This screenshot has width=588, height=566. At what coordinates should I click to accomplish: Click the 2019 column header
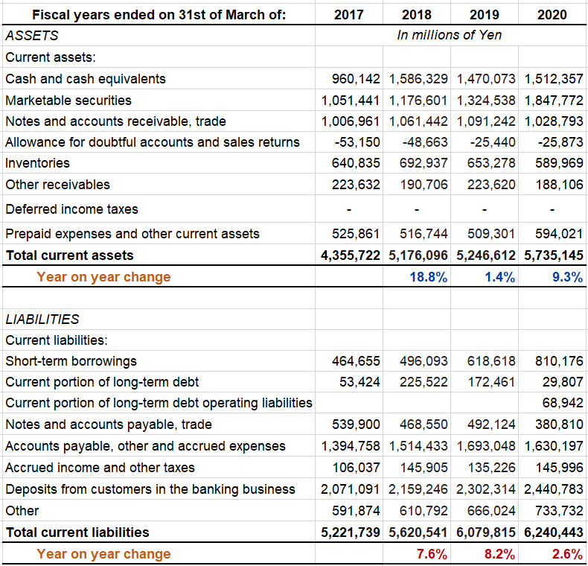484,15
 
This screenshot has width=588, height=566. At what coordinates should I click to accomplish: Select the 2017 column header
349,15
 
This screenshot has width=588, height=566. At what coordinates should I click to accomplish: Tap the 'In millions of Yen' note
449,35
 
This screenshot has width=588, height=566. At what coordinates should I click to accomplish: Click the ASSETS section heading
32,36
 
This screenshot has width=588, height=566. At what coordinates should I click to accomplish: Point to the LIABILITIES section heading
42,319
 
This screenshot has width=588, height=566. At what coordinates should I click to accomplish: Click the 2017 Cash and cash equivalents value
356,79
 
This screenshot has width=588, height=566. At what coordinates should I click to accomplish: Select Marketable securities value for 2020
554,101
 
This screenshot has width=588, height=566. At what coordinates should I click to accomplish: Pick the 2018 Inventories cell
424,163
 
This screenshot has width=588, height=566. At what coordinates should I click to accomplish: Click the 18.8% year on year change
428,277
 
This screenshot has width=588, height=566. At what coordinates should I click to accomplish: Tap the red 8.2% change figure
499,554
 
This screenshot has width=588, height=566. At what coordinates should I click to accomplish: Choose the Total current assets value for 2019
485,255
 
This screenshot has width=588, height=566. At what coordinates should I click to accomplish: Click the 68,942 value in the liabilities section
563,403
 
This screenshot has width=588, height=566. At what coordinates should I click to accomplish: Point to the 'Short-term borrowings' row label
71,361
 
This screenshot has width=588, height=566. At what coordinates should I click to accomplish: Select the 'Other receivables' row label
57,185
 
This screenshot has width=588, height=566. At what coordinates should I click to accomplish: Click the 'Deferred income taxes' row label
71,209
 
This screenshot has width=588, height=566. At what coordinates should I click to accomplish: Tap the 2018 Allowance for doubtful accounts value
425,142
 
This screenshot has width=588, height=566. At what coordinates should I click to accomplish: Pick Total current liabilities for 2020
554,532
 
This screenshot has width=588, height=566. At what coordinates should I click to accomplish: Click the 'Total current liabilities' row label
77,532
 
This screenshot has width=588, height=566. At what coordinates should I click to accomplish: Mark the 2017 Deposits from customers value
351,489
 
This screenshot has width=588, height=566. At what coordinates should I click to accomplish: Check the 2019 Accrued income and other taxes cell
491,467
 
